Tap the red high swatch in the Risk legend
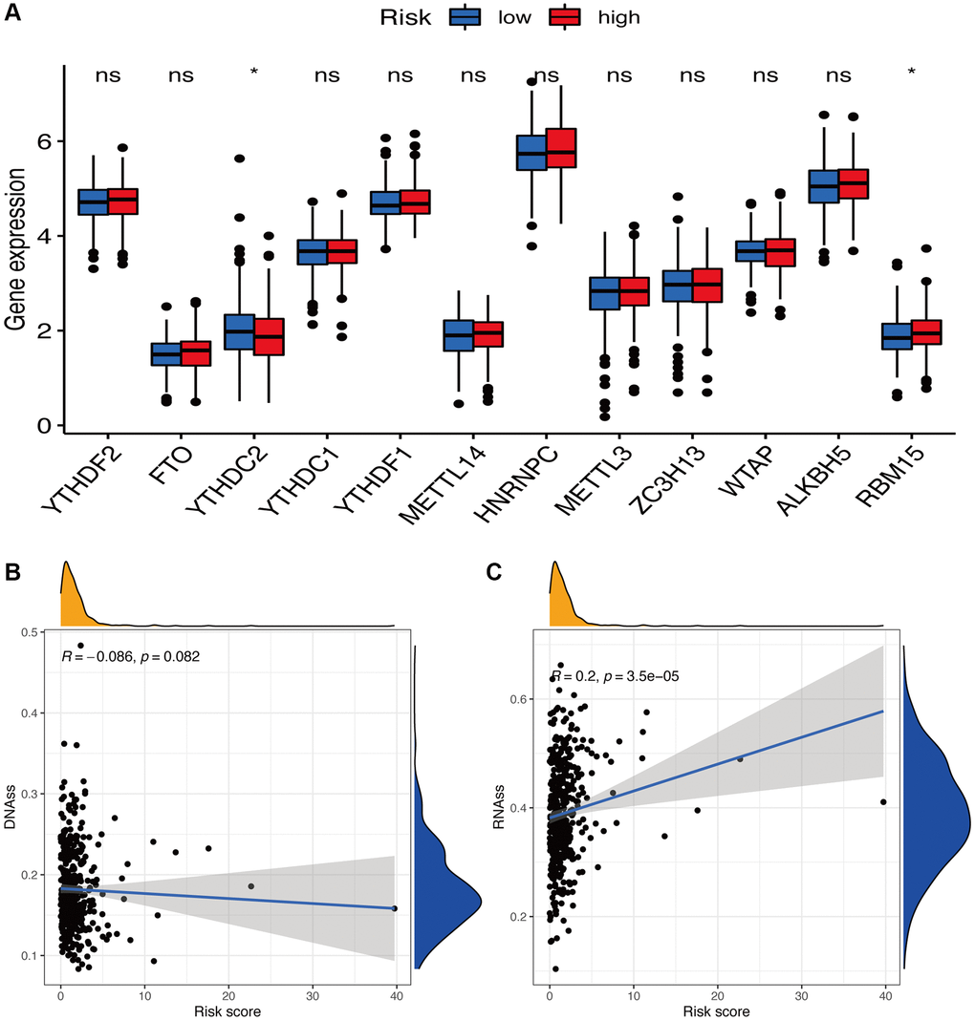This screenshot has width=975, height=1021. pyautogui.click(x=564, y=16)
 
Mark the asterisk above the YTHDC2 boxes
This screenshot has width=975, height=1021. pyautogui.click(x=253, y=73)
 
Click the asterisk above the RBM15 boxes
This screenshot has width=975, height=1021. pyautogui.click(x=912, y=73)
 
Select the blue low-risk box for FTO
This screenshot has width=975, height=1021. pyautogui.click(x=167, y=353)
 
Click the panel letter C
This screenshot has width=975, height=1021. pyautogui.click(x=494, y=573)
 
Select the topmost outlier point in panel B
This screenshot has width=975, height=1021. pyautogui.click(x=80, y=646)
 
